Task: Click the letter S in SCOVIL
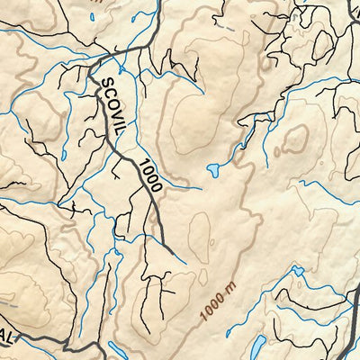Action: (102, 82)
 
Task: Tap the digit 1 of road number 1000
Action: (142, 161)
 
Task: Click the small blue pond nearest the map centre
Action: (215, 168)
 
